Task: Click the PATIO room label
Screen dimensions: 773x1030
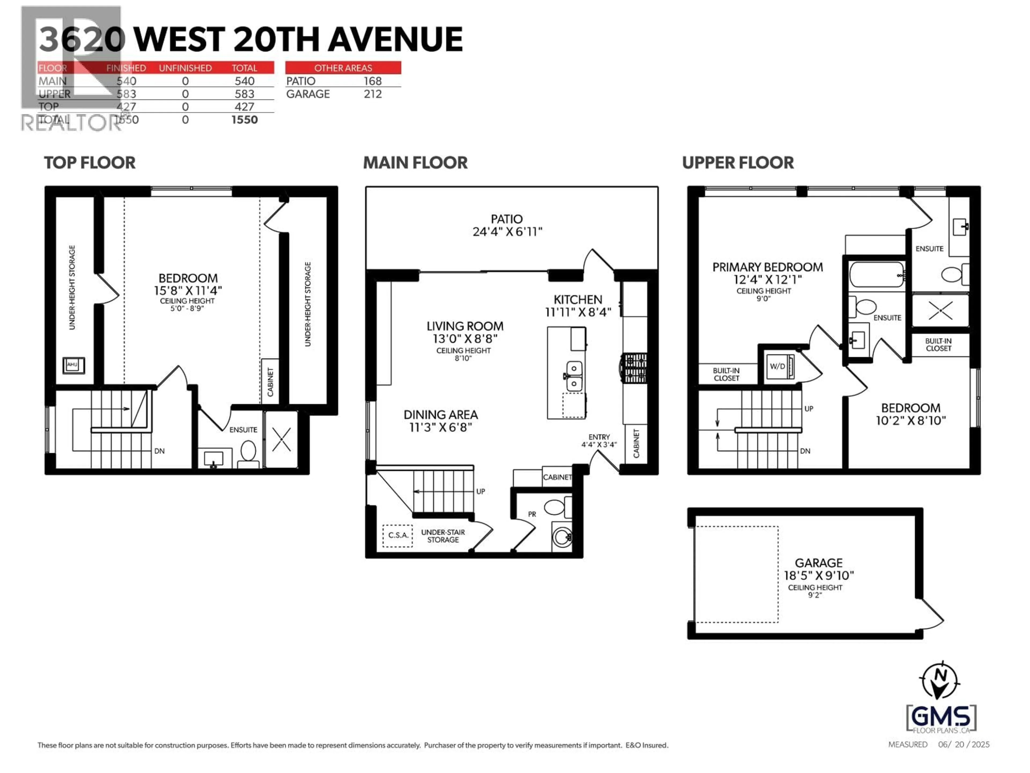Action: tap(507, 219)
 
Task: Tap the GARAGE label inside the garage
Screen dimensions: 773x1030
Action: tap(819, 563)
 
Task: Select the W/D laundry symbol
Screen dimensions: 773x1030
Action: tap(778, 366)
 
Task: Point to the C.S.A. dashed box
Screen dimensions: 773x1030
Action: tap(398, 535)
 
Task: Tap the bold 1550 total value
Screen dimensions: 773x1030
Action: tap(244, 120)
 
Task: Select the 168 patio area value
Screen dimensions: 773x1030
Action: tap(373, 81)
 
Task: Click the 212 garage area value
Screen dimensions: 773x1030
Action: tap(373, 94)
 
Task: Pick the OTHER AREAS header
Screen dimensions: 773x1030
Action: tap(343, 68)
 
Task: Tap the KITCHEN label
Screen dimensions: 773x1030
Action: tap(578, 300)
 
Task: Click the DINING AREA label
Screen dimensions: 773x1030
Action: tap(440, 415)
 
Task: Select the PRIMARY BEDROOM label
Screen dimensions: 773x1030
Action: tap(767, 267)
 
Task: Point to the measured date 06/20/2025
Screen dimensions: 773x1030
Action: tap(963, 745)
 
